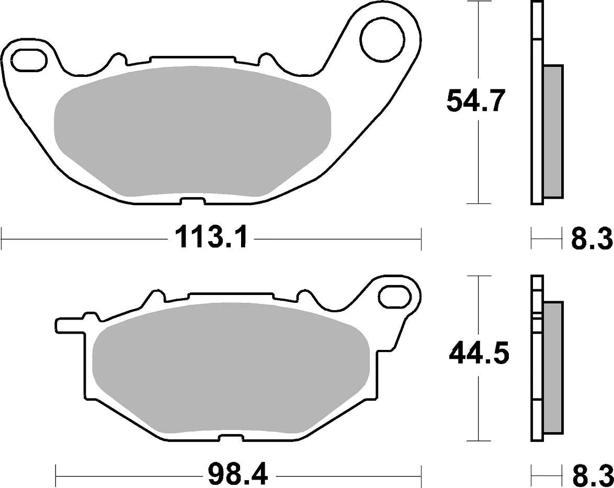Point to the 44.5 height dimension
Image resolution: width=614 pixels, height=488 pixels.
tap(479, 356)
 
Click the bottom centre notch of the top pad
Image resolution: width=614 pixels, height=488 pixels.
tap(191, 201)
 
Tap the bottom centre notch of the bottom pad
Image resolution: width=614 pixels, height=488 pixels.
tap(234, 437)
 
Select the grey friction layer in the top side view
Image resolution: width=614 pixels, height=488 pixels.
tap(553, 131)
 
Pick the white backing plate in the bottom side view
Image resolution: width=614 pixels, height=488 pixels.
tap(537, 366)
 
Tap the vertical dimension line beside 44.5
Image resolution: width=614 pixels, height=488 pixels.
tap(479, 408)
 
